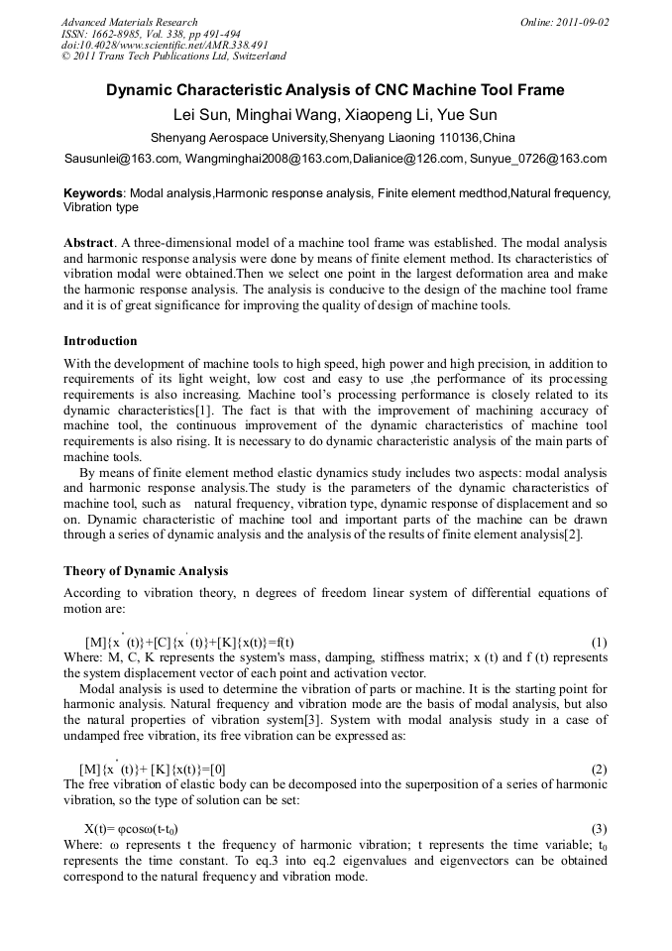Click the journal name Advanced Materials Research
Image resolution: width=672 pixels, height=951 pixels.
[x=129, y=22]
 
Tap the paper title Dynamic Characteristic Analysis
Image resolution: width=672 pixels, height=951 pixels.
[x=335, y=90]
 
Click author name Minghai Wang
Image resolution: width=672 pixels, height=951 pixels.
[x=283, y=114]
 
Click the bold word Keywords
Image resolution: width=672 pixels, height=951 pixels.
[x=92, y=192]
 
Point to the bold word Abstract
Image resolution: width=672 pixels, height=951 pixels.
[x=88, y=242]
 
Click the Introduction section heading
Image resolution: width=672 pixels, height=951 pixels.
[x=100, y=341]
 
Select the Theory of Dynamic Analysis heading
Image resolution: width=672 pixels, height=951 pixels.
[x=146, y=571]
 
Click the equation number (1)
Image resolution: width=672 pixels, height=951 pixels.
[x=598, y=643]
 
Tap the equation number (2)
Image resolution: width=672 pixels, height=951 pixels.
[x=598, y=770]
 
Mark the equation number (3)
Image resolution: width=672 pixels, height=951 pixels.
[x=598, y=828]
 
